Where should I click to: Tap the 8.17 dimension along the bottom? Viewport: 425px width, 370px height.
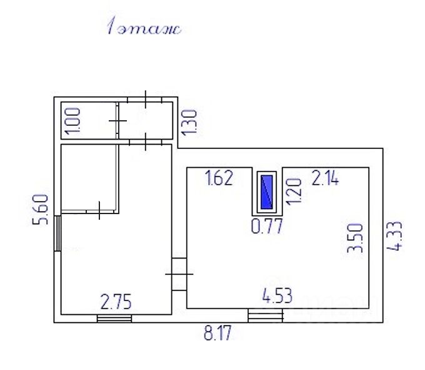click(217, 333)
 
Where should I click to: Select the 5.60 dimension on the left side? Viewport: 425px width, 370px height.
click(41, 210)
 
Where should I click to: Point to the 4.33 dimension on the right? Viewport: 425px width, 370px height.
click(394, 236)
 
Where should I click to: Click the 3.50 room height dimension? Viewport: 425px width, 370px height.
click(355, 238)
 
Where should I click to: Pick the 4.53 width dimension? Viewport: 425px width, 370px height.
click(277, 295)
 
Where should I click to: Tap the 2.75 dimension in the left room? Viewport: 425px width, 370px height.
click(116, 302)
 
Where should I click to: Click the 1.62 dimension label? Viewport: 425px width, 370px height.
click(219, 178)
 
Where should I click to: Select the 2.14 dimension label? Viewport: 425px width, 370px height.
click(325, 178)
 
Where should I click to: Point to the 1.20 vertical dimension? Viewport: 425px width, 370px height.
click(294, 192)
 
